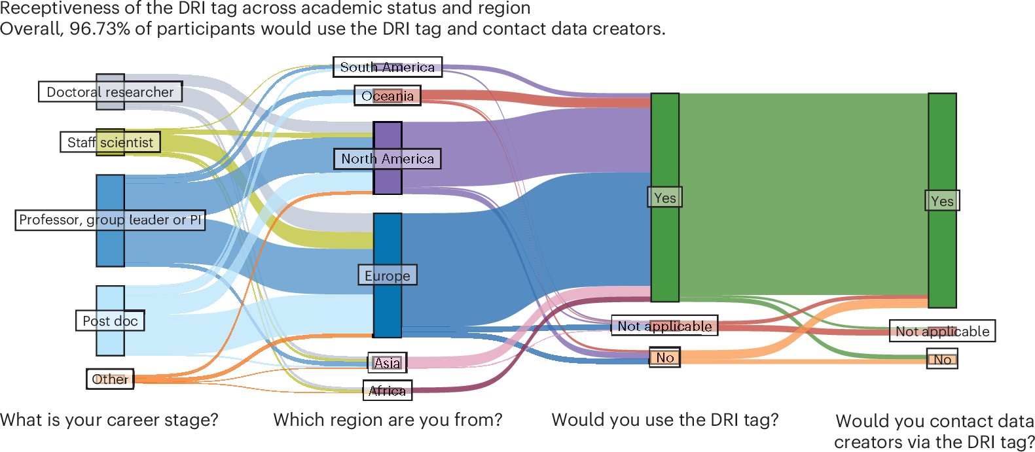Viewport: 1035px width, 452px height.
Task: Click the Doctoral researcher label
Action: click(x=110, y=92)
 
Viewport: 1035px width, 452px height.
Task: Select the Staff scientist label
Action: click(x=110, y=143)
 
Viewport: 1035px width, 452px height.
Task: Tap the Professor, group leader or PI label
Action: click(x=110, y=220)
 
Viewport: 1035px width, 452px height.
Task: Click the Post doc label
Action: click(x=110, y=321)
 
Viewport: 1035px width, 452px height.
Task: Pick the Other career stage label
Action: click(x=110, y=379)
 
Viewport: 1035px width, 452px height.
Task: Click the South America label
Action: click(x=387, y=67)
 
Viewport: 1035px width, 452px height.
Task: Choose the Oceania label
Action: click(x=387, y=96)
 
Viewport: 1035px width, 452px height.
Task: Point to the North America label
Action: click(x=387, y=159)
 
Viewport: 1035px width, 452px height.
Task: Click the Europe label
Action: click(x=387, y=276)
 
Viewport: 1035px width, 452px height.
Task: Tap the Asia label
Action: click(x=387, y=363)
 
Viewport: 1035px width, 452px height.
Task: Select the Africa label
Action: click(x=387, y=391)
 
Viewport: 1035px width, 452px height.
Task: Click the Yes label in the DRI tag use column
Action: click(x=664, y=198)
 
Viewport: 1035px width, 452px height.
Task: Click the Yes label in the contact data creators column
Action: click(x=942, y=201)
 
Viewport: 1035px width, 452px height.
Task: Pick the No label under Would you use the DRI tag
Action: click(x=664, y=358)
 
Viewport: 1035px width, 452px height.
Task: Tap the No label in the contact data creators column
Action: click(x=942, y=359)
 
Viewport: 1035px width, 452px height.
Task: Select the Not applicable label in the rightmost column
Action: click(x=942, y=332)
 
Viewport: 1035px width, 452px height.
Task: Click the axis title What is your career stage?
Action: click(x=109, y=420)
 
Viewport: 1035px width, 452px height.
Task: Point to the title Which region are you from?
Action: click(x=388, y=420)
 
